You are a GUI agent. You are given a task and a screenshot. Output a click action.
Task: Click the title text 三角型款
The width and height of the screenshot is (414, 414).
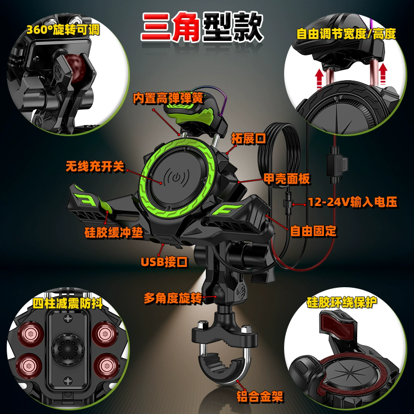[202, 27]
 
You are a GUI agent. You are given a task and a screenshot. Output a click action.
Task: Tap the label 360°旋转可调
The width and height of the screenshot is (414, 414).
[63, 29]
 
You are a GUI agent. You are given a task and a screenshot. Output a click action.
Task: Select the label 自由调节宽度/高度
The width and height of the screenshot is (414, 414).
[346, 34]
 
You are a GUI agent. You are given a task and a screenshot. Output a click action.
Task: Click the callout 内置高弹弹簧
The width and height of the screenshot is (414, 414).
[168, 98]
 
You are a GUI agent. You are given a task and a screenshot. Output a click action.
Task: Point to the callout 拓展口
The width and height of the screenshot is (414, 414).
[248, 138]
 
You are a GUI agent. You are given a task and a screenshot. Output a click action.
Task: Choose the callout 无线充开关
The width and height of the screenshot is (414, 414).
[95, 166]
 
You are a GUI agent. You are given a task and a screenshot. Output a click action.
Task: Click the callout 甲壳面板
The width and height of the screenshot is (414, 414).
[287, 179]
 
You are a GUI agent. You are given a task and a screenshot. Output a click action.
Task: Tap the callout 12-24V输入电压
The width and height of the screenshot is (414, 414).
[353, 202]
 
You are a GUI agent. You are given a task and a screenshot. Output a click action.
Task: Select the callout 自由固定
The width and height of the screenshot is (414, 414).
[313, 231]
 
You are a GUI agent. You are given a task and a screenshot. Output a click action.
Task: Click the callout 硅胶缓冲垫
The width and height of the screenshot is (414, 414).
[114, 232]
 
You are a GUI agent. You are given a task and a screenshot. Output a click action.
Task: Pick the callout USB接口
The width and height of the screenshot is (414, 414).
[164, 262]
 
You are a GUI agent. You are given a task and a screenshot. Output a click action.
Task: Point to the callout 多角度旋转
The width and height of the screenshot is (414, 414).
[173, 299]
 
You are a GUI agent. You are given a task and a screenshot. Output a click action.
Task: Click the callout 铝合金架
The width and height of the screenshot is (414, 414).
[260, 396]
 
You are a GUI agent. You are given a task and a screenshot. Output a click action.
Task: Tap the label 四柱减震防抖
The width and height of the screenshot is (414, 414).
[68, 303]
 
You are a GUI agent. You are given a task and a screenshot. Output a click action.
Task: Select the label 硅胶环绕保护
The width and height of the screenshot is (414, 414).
[342, 302]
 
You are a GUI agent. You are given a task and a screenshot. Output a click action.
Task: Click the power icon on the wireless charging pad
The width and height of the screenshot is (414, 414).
[176, 177]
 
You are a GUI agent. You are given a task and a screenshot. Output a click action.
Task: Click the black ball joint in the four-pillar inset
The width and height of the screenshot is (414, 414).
[68, 349]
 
